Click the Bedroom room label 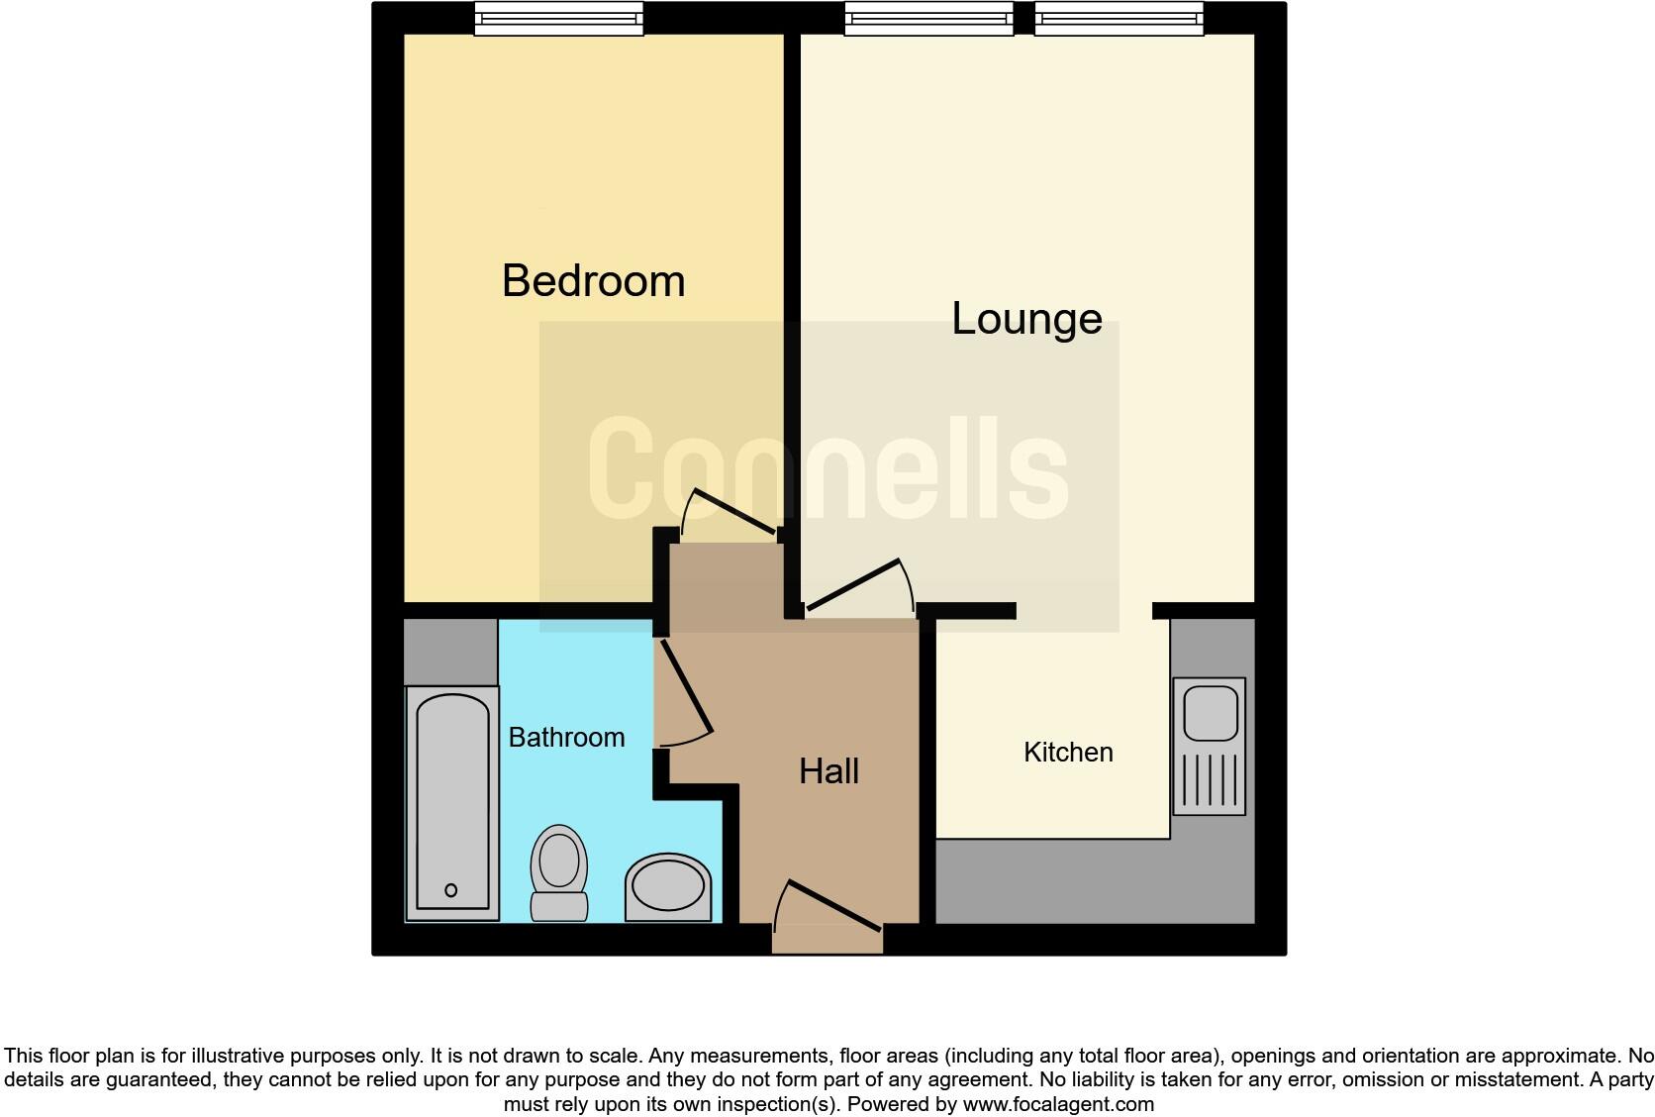pos(593,281)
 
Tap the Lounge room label pos(1026,319)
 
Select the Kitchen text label pos(1068,753)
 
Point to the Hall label pos(828,771)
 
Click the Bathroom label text pos(566,738)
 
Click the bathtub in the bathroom pos(452,802)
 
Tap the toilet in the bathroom pos(559,871)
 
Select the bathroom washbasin pos(668,886)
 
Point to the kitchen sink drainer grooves pos(1209,780)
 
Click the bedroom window pos(558,18)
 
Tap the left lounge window pos(928,18)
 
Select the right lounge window pos(1119,18)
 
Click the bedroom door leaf pos(733,511)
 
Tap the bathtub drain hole pos(451,890)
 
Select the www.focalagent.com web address pos(1058,1104)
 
